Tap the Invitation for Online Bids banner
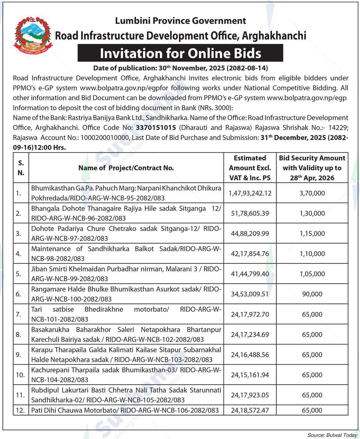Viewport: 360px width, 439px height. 180,53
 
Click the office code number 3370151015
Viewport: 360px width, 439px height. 156,127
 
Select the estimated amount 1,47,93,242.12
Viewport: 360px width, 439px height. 250,193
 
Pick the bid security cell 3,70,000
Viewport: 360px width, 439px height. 312,193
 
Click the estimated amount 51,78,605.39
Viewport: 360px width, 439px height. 250,213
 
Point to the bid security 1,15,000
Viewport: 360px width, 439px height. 312,233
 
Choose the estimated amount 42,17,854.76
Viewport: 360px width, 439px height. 250,253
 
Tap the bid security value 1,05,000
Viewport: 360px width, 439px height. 312,274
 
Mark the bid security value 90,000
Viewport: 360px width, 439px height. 312,294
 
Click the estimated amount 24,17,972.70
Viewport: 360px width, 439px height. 250,314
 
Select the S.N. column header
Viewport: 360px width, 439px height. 21,168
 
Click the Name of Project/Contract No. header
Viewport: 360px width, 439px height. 126,168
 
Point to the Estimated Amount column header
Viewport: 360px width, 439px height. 250,168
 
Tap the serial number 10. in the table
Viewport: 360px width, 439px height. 20,375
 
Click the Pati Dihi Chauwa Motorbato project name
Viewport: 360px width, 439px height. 125,410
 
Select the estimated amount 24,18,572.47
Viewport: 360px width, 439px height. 250,410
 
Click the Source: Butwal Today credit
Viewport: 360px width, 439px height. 332,435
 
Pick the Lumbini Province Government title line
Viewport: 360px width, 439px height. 180,21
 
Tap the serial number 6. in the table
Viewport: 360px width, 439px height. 19,294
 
